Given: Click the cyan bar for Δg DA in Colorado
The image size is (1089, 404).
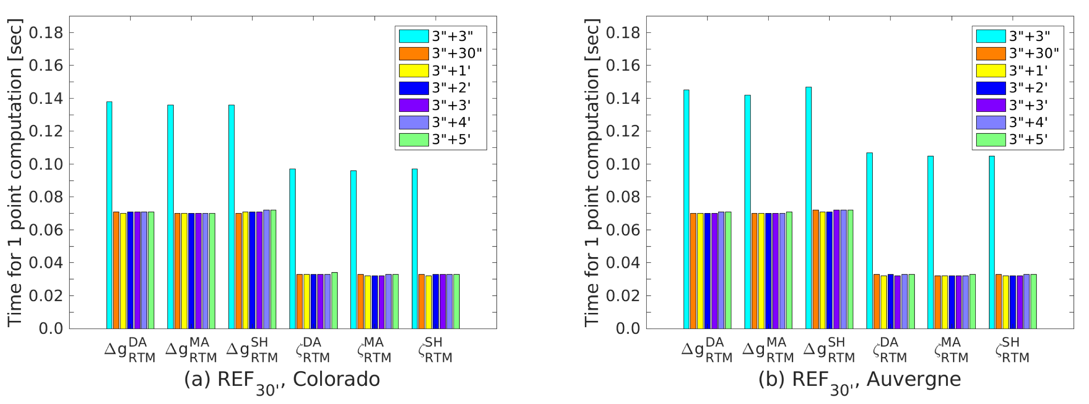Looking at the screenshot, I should (109, 215).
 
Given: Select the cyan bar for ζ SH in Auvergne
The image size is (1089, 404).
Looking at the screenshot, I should (992, 242).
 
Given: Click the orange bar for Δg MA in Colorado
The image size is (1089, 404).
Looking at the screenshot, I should (177, 271).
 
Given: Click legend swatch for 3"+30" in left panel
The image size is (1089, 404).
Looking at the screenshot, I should (413, 53).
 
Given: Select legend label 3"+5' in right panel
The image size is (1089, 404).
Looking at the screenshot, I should (1028, 139).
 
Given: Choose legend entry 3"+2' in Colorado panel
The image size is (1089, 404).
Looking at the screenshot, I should (451, 88).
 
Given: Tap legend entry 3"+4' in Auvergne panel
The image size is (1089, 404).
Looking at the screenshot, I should (1028, 122).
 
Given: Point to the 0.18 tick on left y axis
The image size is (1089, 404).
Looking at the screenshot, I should (46, 33).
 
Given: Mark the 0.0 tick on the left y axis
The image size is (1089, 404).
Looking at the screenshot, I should (51, 329).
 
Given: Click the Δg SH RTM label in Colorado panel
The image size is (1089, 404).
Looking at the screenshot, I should (252, 350).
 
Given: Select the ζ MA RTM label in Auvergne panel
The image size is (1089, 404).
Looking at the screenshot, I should (950, 350).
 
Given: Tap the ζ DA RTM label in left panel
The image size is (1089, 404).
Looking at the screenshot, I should (313, 350).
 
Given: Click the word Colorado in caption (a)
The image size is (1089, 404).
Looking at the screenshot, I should (336, 380).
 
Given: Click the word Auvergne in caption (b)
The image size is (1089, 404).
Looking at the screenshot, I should (914, 380).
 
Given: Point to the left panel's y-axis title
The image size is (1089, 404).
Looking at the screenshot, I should (14, 173).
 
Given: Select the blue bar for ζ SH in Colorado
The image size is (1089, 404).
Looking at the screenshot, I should (436, 301).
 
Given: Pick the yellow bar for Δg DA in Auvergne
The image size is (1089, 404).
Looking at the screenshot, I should (700, 271).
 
